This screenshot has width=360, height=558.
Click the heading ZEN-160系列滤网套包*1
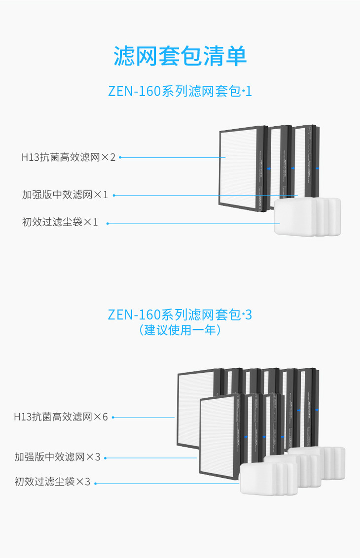[x=180, y=92]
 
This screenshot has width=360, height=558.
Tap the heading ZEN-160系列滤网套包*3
[x=180, y=314]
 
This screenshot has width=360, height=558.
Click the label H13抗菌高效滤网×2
[x=68, y=157]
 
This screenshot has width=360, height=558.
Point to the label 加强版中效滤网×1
[x=65, y=195]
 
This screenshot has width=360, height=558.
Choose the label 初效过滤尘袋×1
[x=60, y=222]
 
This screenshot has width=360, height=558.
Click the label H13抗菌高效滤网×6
[x=61, y=417]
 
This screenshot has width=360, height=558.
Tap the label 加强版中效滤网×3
[x=57, y=457]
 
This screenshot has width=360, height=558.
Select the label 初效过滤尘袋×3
[x=53, y=482]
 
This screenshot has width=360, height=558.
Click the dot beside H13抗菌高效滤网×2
[x=120, y=157]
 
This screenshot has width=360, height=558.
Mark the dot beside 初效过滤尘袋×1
[x=108, y=223]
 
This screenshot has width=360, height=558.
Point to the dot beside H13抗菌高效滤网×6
[x=113, y=417]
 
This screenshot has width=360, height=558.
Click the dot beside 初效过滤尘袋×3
[x=95, y=483]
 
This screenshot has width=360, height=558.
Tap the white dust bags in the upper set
[x=306, y=217]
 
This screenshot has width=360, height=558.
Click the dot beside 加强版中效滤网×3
[x=105, y=457]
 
